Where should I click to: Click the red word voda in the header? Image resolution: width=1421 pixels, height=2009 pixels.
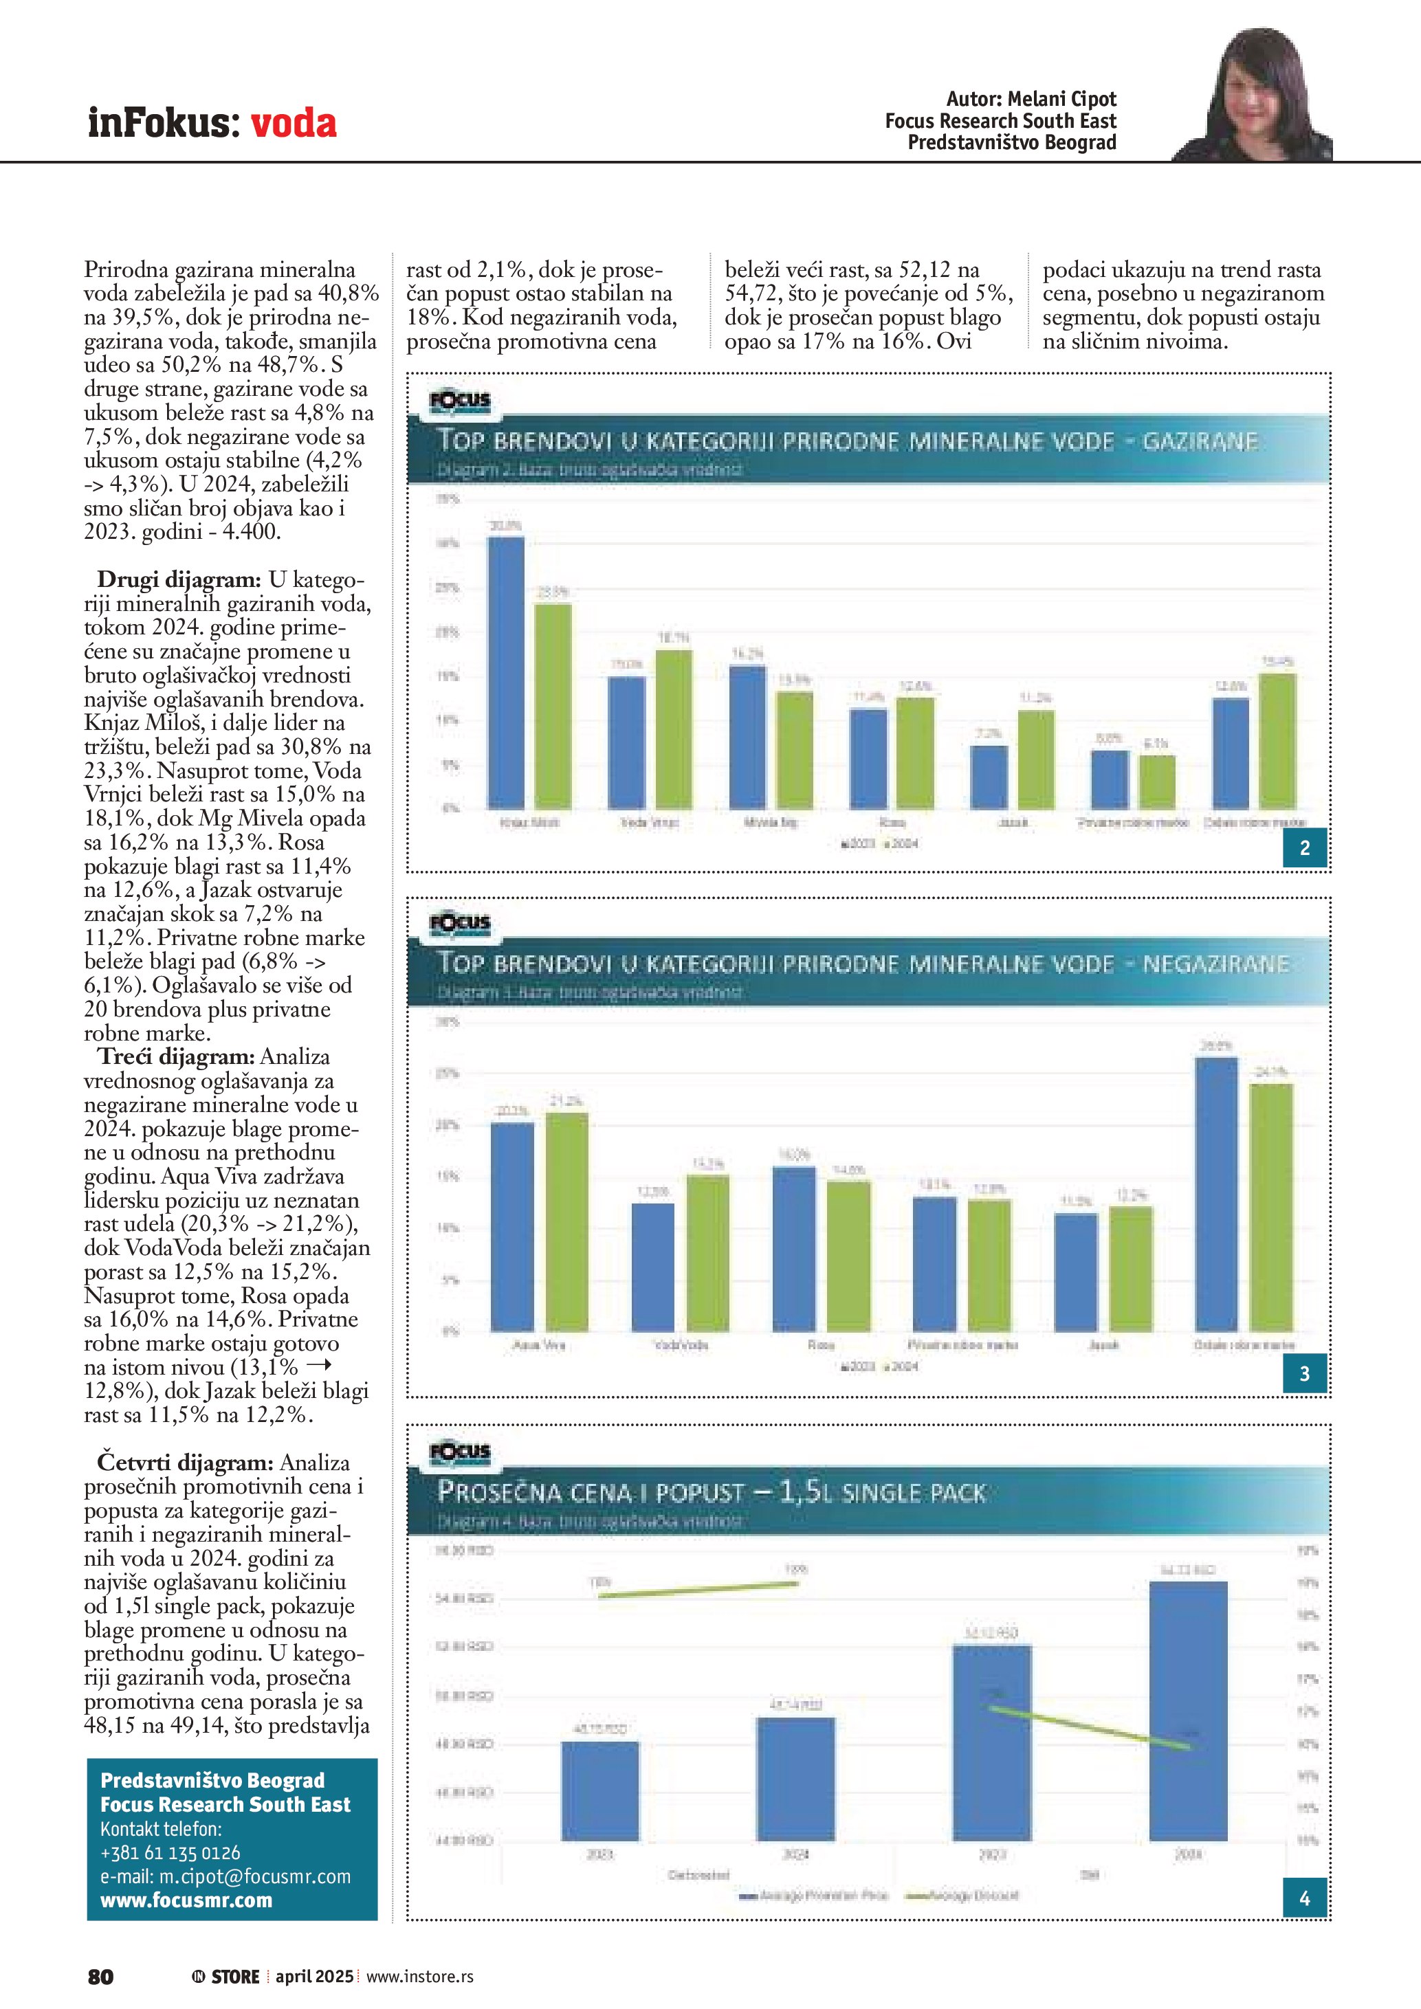tap(293, 124)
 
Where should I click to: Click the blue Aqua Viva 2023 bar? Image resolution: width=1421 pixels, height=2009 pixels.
tap(513, 1227)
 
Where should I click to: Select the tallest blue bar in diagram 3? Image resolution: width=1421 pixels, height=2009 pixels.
tap(1216, 1195)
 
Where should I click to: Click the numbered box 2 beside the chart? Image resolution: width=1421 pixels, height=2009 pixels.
tap(1305, 848)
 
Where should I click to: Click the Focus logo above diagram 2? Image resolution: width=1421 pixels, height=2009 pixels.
tap(460, 401)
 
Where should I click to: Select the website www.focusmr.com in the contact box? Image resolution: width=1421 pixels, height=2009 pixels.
tap(186, 1900)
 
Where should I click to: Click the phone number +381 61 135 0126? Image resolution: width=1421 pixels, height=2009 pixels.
tap(170, 1852)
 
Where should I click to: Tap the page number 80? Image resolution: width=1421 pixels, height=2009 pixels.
tap(100, 1977)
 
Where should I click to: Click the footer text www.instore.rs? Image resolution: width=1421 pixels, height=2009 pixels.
tap(420, 1977)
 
